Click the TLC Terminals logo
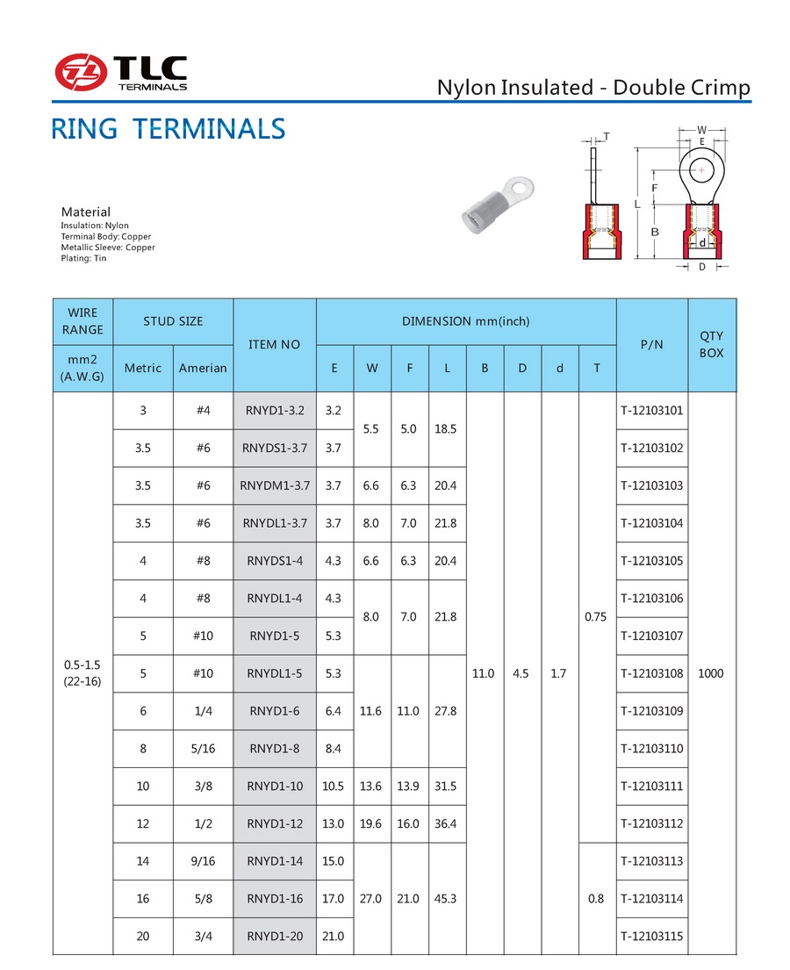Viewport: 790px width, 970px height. click(121, 72)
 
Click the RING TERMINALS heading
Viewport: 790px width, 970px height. click(168, 129)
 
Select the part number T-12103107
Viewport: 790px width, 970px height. click(651, 636)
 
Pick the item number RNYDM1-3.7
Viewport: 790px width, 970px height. click(275, 485)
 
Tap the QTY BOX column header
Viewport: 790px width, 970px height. click(712, 344)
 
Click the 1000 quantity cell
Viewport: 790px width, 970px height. click(712, 673)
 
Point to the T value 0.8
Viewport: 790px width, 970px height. click(597, 899)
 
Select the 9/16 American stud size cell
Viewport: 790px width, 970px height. click(203, 861)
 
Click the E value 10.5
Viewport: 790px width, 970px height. click(334, 787)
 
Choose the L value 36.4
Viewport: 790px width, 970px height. click(446, 823)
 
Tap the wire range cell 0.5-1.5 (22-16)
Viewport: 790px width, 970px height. click(83, 673)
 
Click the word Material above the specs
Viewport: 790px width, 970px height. click(86, 212)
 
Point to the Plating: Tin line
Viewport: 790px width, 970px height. click(83, 258)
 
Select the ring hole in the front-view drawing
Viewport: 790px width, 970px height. click(701, 169)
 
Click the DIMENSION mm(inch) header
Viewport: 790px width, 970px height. click(465, 321)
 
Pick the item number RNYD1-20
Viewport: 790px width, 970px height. click(275, 937)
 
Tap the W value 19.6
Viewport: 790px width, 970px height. click(371, 823)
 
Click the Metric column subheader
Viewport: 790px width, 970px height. click(143, 368)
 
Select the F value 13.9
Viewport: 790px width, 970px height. click(408, 787)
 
